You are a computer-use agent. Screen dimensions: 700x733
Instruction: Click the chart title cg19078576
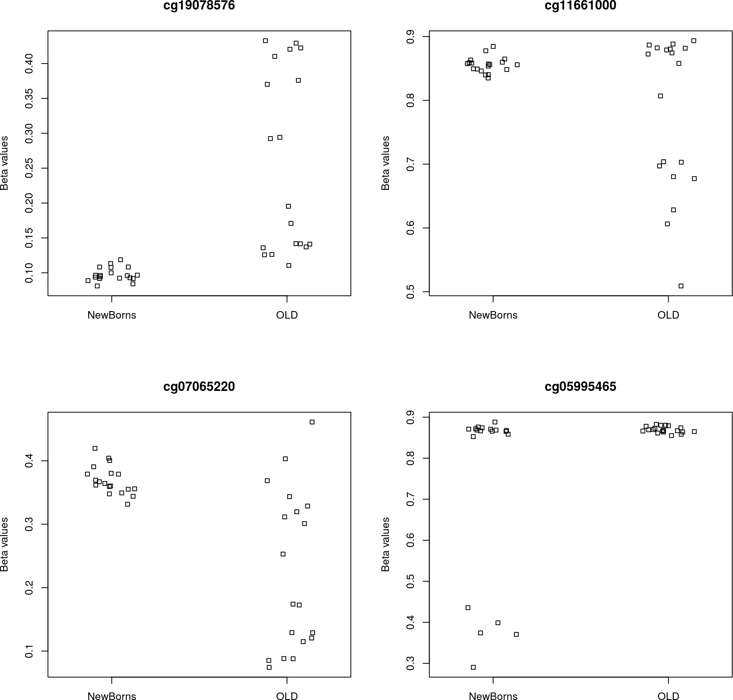199,6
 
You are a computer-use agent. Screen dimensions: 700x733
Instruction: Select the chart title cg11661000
580,6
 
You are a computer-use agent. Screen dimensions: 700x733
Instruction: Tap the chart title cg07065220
199,387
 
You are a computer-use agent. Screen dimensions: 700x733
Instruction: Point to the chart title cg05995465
580,387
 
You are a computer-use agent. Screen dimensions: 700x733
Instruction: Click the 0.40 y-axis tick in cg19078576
29,64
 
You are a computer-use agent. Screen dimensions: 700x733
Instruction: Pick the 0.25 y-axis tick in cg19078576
29,168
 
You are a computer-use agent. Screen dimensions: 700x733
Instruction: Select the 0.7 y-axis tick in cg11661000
411,164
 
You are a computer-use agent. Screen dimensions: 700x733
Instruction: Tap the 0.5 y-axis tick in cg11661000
411,292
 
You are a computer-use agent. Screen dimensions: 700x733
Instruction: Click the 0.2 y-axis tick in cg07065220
29,588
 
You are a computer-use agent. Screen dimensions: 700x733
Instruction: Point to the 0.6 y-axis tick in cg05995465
411,540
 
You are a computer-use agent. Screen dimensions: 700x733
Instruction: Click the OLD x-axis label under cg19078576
287,315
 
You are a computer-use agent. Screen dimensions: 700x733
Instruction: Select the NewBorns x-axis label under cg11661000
493,315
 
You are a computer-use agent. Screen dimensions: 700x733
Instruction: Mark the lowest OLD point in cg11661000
681,286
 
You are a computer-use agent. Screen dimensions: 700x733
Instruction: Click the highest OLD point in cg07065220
312,422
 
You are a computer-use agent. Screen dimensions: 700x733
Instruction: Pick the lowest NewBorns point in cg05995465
473,667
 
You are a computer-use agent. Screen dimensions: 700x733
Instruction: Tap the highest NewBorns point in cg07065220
95,449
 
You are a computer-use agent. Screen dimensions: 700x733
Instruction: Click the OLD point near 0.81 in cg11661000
660,96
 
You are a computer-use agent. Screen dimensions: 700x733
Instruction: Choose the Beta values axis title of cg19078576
5,163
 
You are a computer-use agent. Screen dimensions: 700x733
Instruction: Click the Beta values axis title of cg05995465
385,544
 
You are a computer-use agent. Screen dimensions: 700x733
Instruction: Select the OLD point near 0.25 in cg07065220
283,554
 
